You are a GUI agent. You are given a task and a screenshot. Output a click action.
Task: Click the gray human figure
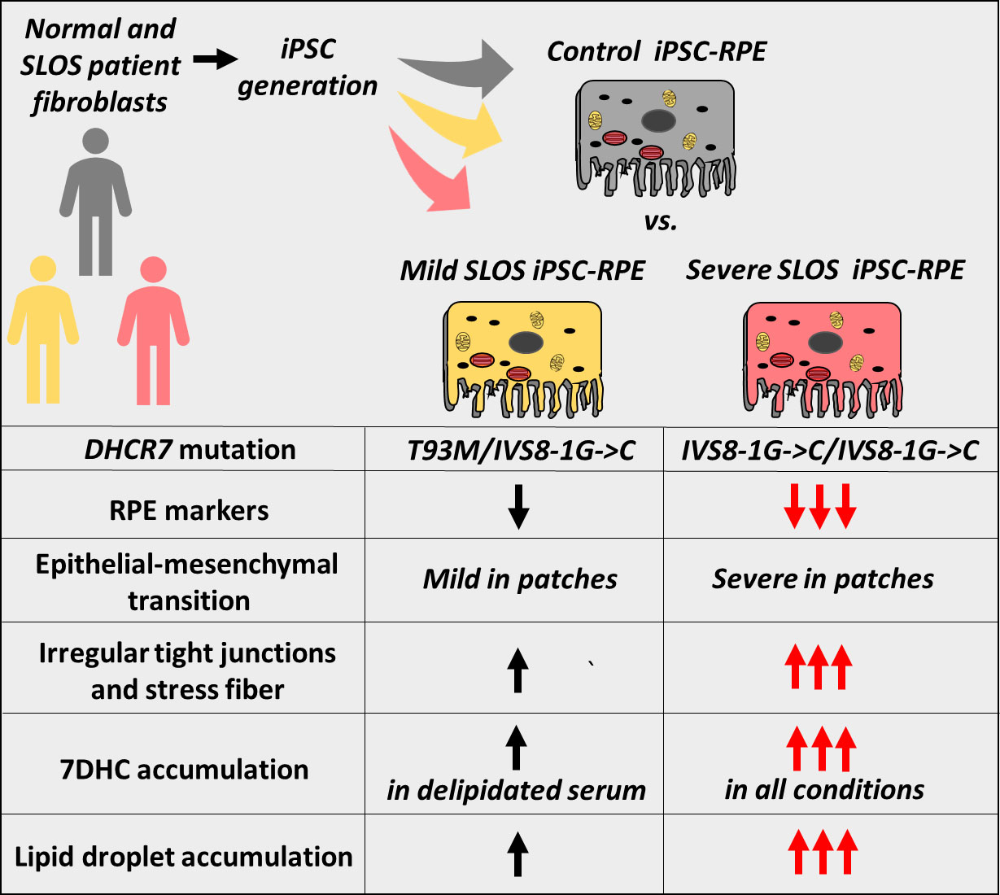tap(95, 199)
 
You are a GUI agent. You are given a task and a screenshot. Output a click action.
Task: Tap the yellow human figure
tap(42, 325)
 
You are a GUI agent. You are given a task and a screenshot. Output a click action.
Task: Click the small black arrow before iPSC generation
tap(215, 59)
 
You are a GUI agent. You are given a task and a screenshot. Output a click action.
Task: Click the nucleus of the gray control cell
tap(658, 121)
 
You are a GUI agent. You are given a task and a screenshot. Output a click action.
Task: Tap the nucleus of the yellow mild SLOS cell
tap(526, 343)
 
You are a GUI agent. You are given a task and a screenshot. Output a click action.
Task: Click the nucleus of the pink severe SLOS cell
tap(825, 343)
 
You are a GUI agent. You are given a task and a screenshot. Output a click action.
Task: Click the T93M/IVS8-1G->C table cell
tap(521, 450)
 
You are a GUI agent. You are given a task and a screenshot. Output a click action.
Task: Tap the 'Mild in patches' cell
tap(520, 579)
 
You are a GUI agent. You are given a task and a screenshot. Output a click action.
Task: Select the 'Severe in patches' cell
tap(823, 579)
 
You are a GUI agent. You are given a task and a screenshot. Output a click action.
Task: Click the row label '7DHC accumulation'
tap(185, 769)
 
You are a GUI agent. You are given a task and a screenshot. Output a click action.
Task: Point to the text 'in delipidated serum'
tap(517, 790)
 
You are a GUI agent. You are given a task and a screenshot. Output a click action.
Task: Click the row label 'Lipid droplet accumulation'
tap(184, 857)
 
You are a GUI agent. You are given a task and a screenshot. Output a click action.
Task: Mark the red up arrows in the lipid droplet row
tap(823, 852)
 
